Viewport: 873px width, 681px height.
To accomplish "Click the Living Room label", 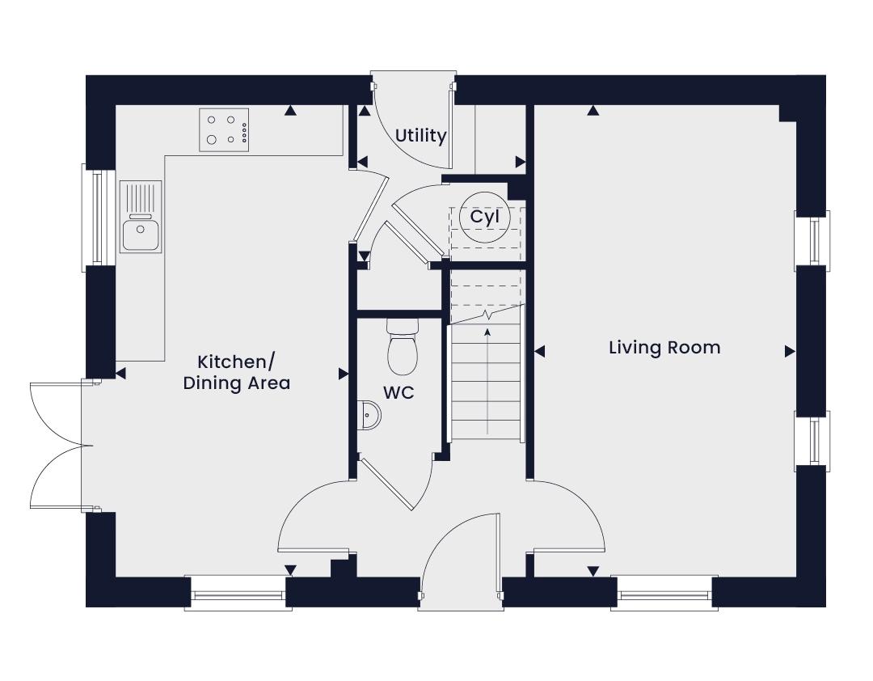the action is pyautogui.click(x=664, y=348).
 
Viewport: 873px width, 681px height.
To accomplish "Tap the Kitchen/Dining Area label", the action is pyautogui.click(x=237, y=372).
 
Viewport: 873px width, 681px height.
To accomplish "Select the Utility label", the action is pyautogui.click(x=421, y=136).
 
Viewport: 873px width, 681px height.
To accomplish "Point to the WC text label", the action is pyautogui.click(x=399, y=393).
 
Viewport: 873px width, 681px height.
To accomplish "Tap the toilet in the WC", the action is pyautogui.click(x=402, y=346).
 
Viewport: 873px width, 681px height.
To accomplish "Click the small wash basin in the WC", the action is pyautogui.click(x=369, y=415).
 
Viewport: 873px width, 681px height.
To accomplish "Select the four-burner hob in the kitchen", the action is pyautogui.click(x=225, y=129).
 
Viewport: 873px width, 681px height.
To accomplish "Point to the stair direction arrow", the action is pyautogui.click(x=488, y=381).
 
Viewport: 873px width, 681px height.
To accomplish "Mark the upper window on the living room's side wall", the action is pyautogui.click(x=812, y=241).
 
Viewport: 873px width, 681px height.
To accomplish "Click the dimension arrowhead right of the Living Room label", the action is pyautogui.click(x=790, y=351).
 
